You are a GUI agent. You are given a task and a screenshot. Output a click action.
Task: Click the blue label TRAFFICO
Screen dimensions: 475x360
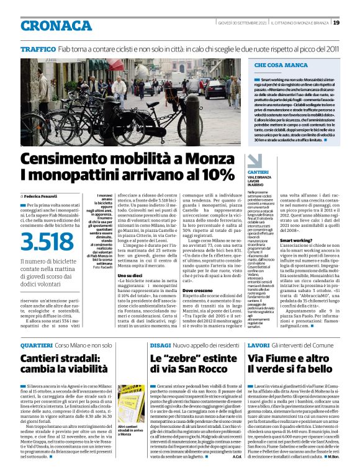[38, 48]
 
